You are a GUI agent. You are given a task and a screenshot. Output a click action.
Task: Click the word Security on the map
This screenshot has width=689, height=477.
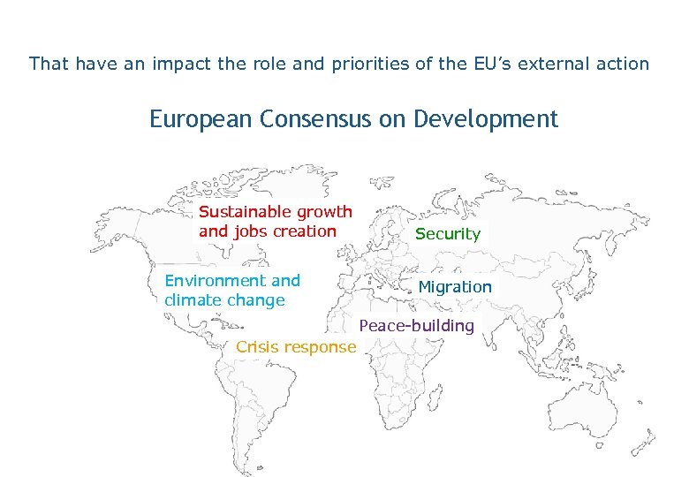pos(447,234)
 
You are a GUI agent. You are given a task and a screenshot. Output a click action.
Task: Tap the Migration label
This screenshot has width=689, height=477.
pos(454,287)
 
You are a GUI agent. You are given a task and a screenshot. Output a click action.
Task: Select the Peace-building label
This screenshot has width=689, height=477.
pos(416,326)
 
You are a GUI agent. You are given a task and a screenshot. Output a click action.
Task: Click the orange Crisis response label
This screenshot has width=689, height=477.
pos(296,347)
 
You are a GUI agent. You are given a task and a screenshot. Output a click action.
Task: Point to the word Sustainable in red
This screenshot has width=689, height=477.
pos(246,212)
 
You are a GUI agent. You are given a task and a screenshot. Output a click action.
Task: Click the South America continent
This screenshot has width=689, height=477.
pos(265,397)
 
